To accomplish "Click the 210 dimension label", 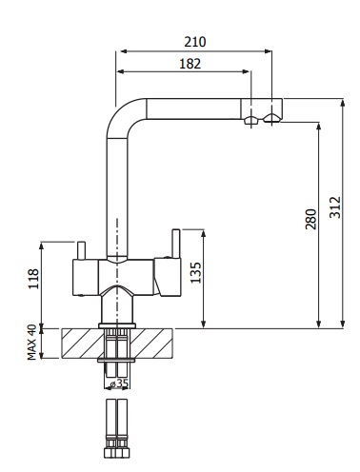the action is point(195,42).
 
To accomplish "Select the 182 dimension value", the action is point(190,64).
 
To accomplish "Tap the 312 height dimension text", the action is point(335,207).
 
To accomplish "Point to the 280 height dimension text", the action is point(310,219).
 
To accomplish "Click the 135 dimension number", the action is point(195,272).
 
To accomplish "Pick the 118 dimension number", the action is point(33,279).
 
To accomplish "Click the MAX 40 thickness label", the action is point(31,343).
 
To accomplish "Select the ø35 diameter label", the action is point(119,383).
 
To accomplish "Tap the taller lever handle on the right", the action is point(176,243).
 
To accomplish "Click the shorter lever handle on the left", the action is point(81,250).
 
